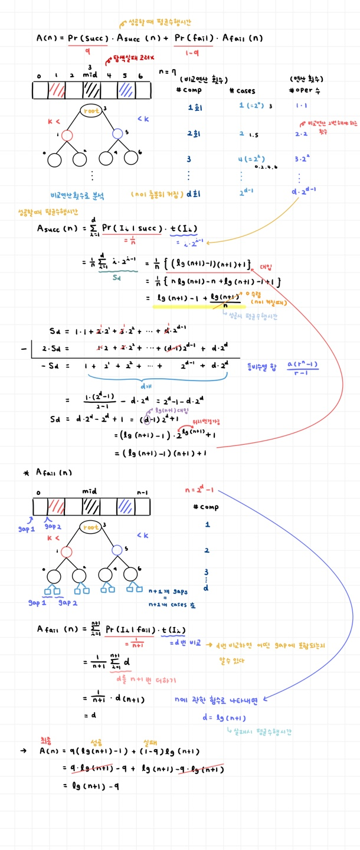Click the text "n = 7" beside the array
[x=168, y=71]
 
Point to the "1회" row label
[x=193, y=107]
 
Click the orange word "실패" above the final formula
[x=151, y=741]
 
